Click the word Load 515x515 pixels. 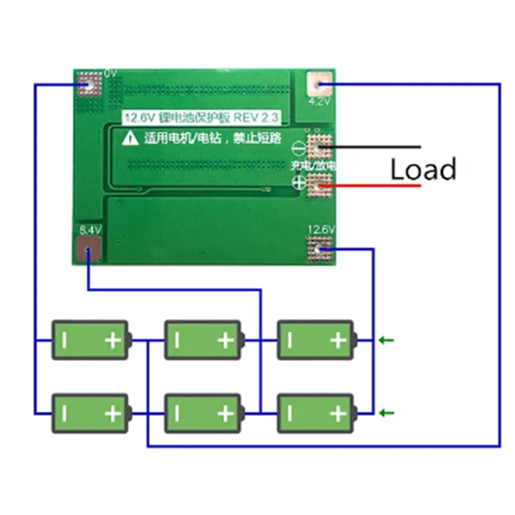(424, 169)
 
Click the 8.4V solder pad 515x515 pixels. (88, 249)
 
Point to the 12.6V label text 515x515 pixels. (321, 229)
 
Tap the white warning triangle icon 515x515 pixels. (131, 136)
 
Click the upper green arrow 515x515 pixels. (386, 340)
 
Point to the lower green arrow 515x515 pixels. (386, 413)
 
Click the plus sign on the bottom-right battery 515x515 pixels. (337, 413)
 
